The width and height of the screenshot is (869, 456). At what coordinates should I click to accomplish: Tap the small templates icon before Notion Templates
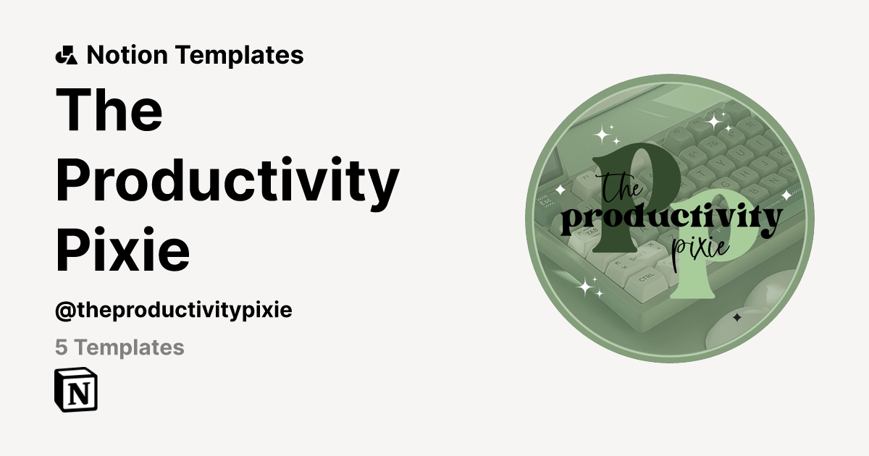pos(66,55)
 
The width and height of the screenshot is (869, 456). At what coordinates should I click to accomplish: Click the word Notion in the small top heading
pos(127,55)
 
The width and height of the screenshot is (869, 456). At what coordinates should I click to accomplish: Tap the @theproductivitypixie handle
pos(173,311)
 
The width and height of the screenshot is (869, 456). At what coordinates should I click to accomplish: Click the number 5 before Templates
pos(62,348)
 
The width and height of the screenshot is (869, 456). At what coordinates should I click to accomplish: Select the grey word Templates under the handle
pos(130,348)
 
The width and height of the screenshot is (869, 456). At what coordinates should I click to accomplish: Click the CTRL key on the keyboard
pos(646,276)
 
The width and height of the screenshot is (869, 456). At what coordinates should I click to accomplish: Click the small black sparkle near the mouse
pos(736,317)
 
